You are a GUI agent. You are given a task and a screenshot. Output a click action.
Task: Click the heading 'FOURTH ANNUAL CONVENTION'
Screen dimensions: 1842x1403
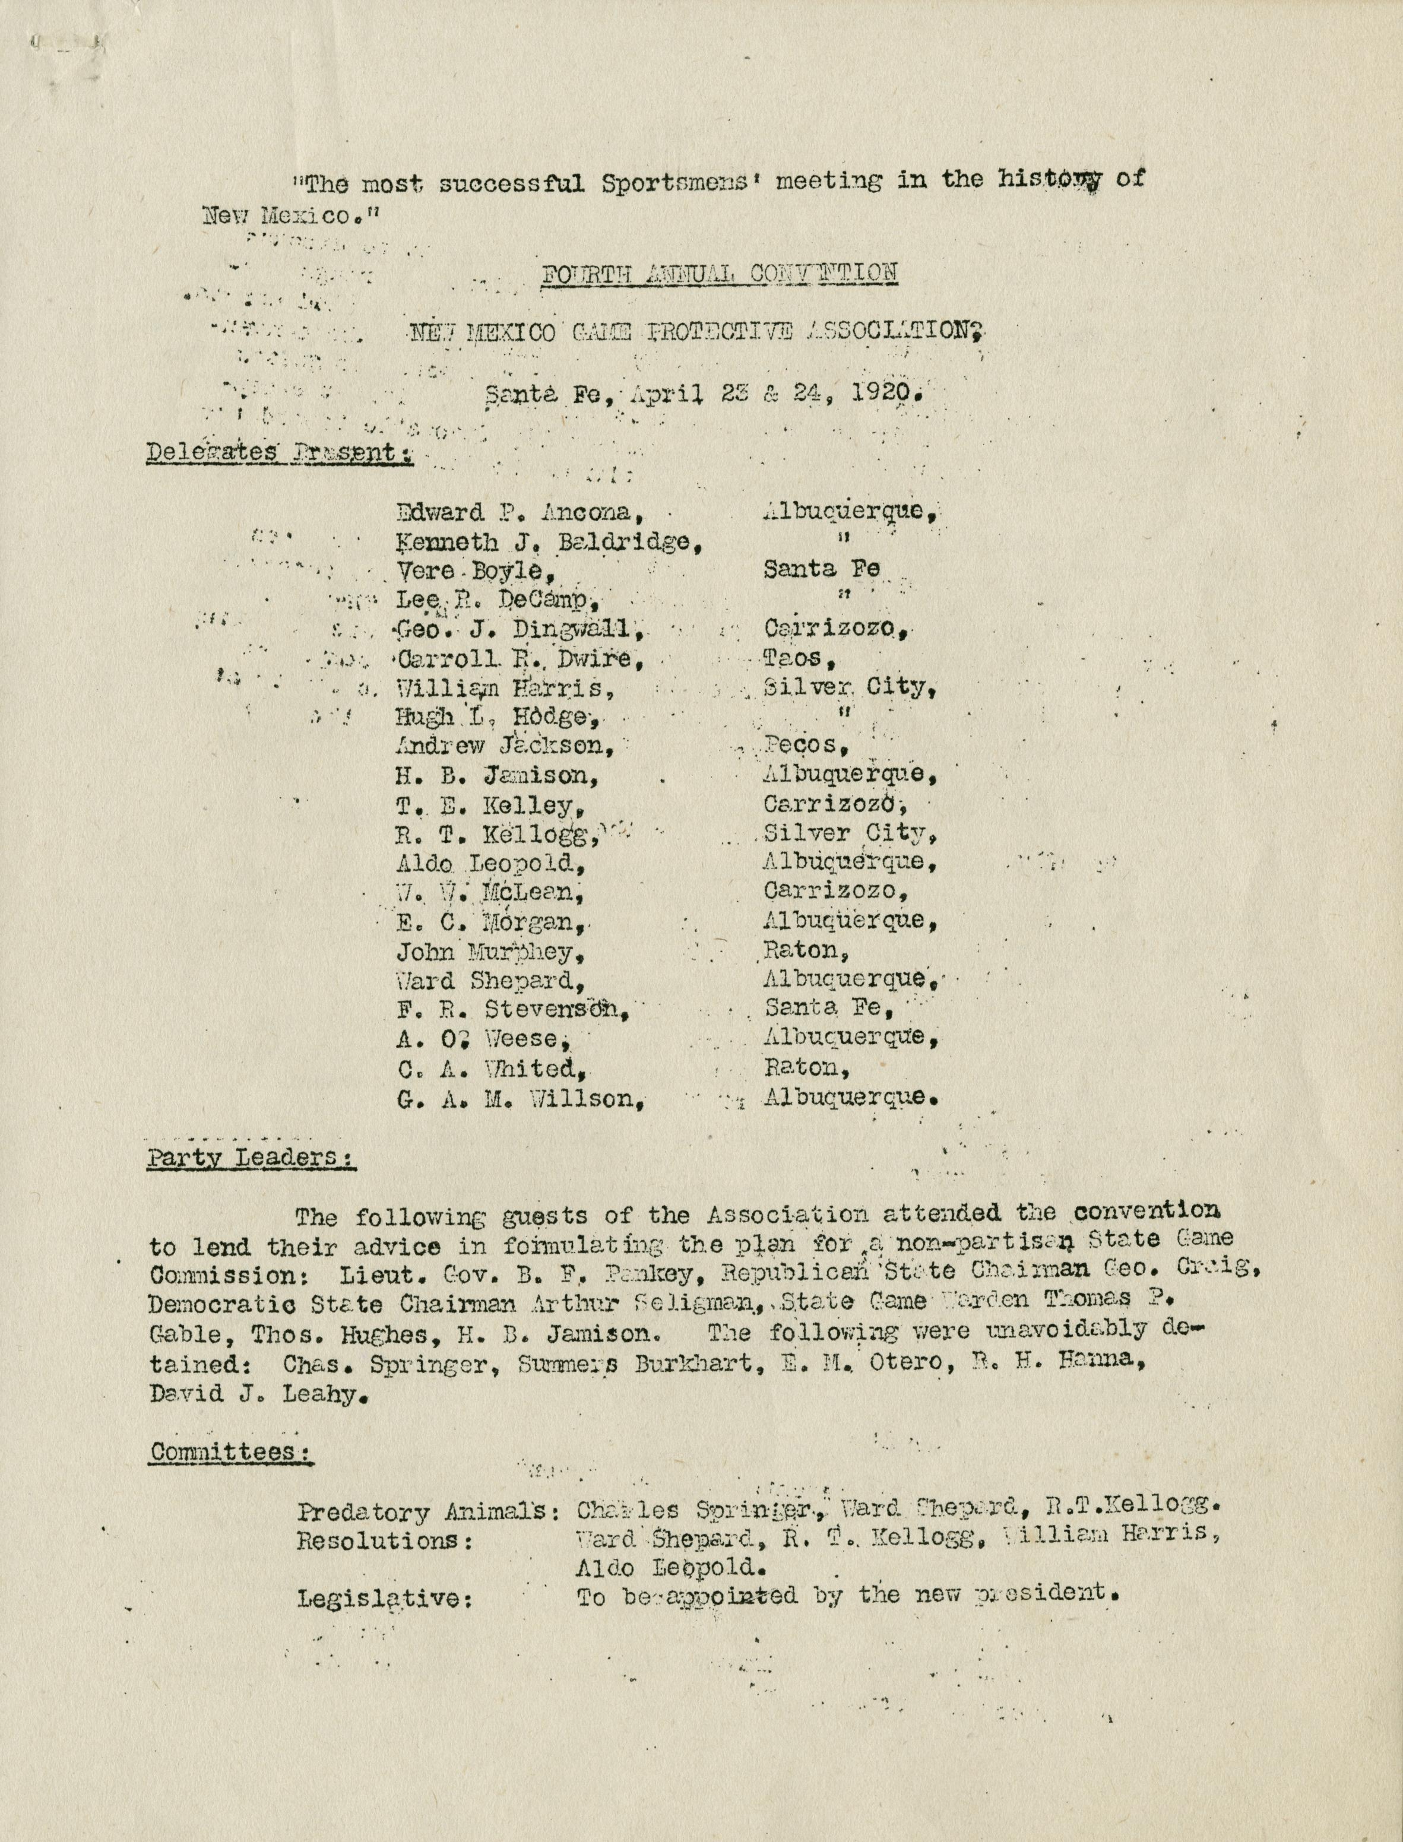tap(719, 273)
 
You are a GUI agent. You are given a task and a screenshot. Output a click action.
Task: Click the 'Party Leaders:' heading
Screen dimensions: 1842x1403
tap(251, 1158)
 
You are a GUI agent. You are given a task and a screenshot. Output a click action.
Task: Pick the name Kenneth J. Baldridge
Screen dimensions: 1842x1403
tap(547, 542)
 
